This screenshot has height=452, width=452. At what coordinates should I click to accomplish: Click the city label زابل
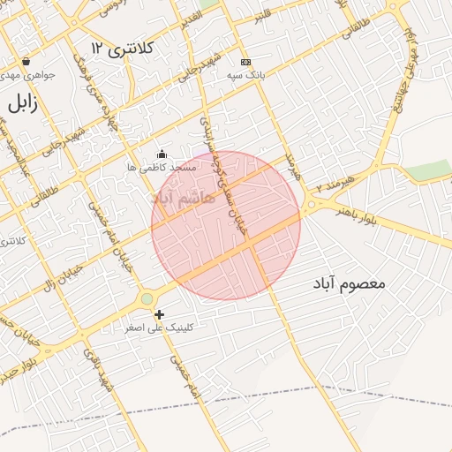coord(23,103)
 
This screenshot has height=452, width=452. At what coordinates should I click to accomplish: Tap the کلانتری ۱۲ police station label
coord(123,48)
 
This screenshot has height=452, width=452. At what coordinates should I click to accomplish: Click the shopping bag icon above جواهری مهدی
coord(26,62)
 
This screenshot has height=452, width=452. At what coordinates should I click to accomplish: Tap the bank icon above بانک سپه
coord(245,62)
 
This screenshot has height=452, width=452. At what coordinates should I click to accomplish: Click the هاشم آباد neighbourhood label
coord(184,198)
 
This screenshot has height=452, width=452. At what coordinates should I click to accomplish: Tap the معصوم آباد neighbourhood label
coord(351,283)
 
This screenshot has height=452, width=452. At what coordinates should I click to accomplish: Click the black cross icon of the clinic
coord(159,314)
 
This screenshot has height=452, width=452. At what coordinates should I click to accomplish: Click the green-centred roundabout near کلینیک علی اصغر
coord(147,299)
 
